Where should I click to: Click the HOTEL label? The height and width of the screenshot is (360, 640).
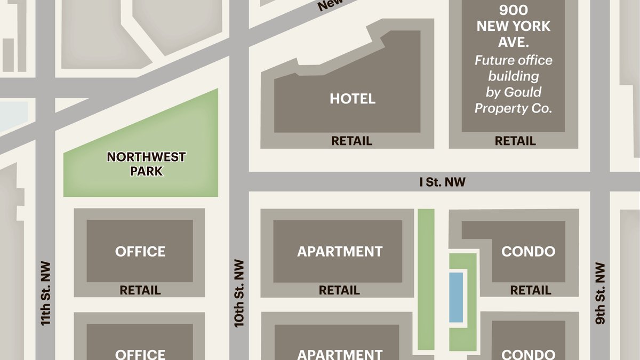coord(353,99)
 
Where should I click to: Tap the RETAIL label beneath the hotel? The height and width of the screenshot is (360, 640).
coord(351,141)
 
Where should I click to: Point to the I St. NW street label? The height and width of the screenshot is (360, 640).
coord(442,182)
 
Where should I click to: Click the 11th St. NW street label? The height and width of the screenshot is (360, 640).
coord(46,293)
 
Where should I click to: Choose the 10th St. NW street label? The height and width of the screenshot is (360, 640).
coord(239,293)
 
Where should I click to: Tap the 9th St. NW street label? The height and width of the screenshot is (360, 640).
coord(601,293)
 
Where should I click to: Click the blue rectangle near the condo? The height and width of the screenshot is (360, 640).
coord(456,297)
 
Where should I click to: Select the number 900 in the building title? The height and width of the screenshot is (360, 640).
coord(514,10)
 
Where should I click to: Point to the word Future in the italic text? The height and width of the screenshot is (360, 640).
coord(493,60)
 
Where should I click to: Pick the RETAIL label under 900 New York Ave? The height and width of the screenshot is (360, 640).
coord(515,141)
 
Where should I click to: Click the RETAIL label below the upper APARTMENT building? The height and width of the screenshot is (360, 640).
coord(339,291)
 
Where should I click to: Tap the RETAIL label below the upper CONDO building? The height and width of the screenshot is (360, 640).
coord(531,291)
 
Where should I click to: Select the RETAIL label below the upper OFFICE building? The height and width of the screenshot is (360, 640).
coord(140,291)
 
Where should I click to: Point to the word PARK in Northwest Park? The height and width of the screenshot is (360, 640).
coord(146,172)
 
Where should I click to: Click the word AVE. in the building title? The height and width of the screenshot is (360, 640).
coord(514,42)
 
